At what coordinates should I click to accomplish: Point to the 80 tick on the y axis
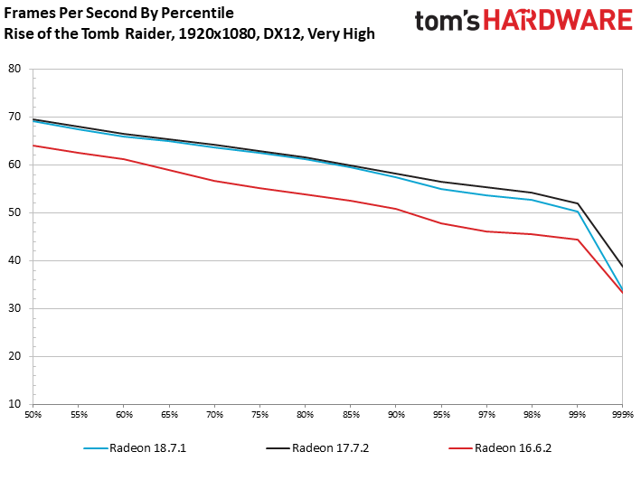click(14, 69)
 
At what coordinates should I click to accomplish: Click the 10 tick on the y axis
click(14, 404)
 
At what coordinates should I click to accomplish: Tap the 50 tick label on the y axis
click(14, 212)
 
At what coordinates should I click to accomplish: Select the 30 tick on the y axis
click(14, 308)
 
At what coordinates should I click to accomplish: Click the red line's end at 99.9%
click(622, 293)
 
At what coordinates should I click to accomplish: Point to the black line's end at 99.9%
click(622, 266)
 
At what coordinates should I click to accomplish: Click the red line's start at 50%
click(34, 146)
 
